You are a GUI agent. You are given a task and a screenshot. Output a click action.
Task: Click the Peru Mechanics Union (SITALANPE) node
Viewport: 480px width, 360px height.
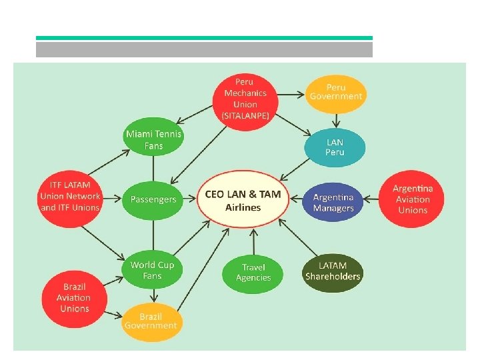[x=245, y=99]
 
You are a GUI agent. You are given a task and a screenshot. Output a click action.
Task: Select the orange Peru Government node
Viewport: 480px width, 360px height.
[x=336, y=92]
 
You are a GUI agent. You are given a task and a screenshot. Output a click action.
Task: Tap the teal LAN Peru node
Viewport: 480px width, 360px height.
[x=335, y=147]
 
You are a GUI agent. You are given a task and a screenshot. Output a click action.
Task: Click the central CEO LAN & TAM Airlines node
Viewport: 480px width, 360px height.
[x=243, y=201]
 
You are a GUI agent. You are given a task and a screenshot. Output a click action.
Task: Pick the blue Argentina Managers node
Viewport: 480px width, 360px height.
[x=333, y=203]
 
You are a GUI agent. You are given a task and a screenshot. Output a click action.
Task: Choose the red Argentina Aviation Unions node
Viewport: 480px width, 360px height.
[x=413, y=199]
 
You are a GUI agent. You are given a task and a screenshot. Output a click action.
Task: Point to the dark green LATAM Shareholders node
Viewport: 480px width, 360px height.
[x=333, y=271]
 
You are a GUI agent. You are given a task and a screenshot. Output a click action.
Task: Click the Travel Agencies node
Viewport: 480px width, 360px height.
[x=253, y=272]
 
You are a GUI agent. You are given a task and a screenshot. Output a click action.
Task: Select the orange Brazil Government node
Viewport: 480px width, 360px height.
[x=151, y=320]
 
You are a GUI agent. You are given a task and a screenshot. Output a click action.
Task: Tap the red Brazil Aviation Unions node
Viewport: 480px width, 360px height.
[x=75, y=297]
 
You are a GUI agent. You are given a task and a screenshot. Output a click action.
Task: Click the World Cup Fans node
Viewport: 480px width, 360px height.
[x=152, y=270]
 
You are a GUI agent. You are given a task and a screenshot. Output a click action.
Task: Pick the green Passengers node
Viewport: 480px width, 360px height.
[x=153, y=199]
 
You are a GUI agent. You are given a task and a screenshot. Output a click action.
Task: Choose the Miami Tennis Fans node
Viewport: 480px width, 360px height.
[x=153, y=140]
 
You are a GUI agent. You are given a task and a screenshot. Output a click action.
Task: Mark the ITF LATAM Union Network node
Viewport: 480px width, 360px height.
[x=70, y=196]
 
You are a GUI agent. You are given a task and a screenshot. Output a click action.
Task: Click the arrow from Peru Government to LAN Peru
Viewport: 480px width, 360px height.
[x=336, y=121]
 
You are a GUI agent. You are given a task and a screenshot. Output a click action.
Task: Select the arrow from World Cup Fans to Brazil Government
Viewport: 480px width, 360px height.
[x=153, y=295]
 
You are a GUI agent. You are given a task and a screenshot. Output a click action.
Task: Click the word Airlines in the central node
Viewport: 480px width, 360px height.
[x=243, y=207]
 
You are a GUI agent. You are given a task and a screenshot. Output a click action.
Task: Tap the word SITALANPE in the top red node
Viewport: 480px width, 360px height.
[x=245, y=115]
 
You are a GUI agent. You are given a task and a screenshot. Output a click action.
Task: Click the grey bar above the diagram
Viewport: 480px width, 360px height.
[x=204, y=50]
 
